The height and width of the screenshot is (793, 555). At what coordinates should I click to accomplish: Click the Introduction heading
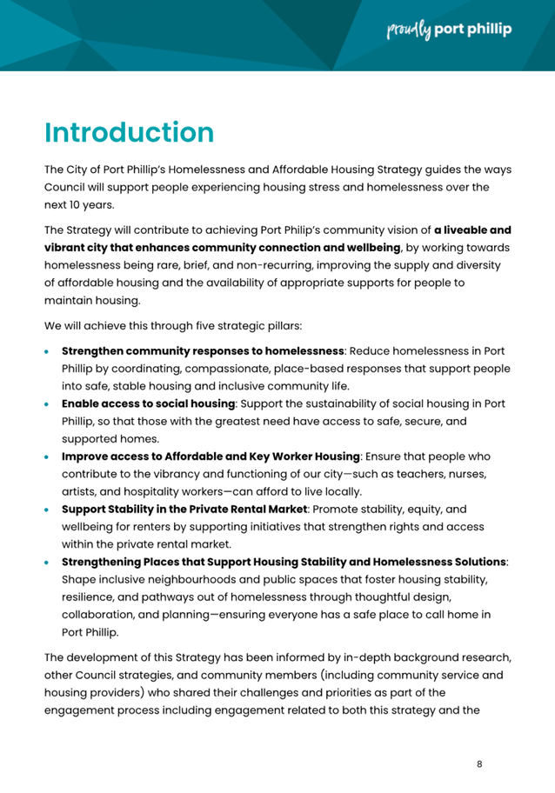(x=129, y=133)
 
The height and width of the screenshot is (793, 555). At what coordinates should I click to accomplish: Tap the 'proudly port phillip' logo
(x=449, y=31)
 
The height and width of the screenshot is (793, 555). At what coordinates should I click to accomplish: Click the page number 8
(x=479, y=763)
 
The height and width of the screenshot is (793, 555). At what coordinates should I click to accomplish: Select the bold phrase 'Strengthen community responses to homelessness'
(x=203, y=351)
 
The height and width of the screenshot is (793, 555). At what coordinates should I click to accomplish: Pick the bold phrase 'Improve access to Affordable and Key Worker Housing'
(x=211, y=456)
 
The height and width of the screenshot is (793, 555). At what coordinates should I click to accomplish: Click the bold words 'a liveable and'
(x=472, y=230)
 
